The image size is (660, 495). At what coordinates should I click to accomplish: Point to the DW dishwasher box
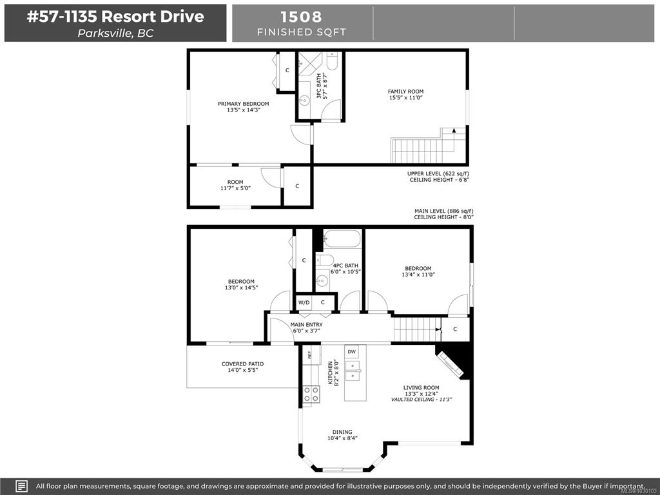pos(351,351)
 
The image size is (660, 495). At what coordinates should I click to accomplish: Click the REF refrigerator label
pos(309,355)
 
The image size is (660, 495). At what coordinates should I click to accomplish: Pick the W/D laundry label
pos(304,302)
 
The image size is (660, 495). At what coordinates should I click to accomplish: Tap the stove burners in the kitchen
pos(311,394)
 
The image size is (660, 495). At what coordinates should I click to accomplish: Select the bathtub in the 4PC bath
pos(342,238)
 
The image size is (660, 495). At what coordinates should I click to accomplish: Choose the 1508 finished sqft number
pos(301,17)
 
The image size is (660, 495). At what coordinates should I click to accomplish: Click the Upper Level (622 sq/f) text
pos(438,173)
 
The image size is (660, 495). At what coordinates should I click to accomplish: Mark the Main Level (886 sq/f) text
pos(441,211)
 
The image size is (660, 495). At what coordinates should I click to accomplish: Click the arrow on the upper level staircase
pos(454,130)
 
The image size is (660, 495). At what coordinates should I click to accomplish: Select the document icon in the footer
pos(21,486)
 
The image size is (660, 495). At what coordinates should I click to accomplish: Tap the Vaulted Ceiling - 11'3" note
pos(422,400)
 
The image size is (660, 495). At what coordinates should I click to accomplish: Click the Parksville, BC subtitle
pos(115,34)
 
